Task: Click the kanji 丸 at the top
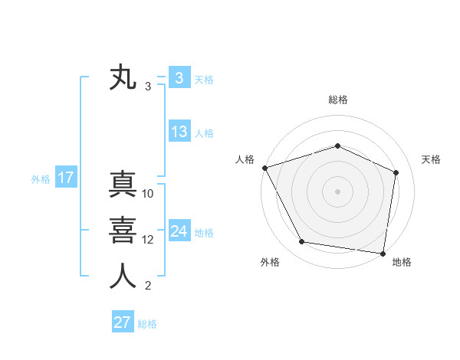123,78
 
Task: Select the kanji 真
123,186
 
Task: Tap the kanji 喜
123,231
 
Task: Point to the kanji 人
123,276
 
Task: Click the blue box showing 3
179,78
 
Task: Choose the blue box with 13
179,132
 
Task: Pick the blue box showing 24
179,231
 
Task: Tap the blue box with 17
66,178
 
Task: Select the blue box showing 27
122,322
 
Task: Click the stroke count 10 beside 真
149,195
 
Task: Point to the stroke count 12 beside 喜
149,240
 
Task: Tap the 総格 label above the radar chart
338,100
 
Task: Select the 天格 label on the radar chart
432,159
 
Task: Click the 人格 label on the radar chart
245,159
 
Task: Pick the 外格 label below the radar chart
270,262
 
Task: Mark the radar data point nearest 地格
383,253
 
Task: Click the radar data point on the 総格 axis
338,146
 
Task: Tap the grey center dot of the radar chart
338,191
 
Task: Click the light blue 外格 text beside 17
41,179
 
